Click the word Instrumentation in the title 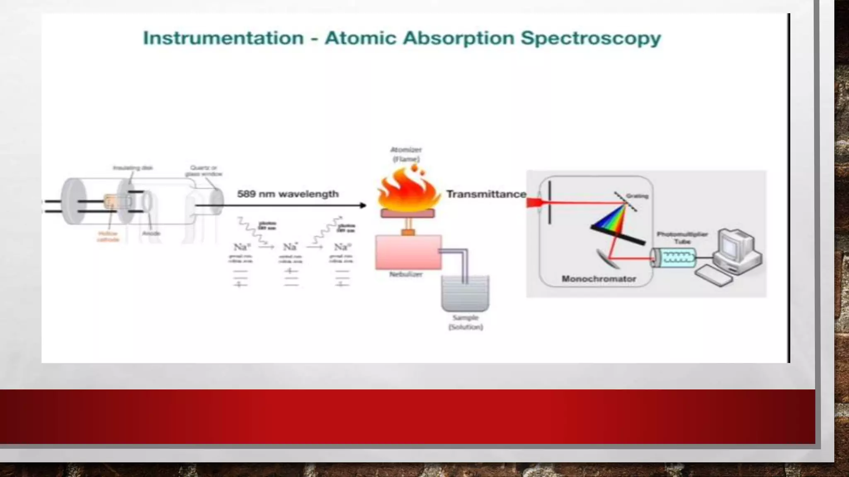(x=223, y=38)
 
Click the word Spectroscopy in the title (x=590, y=38)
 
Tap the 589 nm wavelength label (x=288, y=194)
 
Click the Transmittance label (x=486, y=194)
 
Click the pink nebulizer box (x=408, y=252)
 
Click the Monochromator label (x=599, y=279)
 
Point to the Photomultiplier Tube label (x=682, y=238)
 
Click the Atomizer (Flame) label (x=406, y=154)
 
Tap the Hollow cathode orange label (x=108, y=236)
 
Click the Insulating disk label (x=133, y=168)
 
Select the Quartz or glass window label (x=204, y=171)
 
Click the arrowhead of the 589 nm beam (x=363, y=205)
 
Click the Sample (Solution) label (x=466, y=322)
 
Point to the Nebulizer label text (x=406, y=274)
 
